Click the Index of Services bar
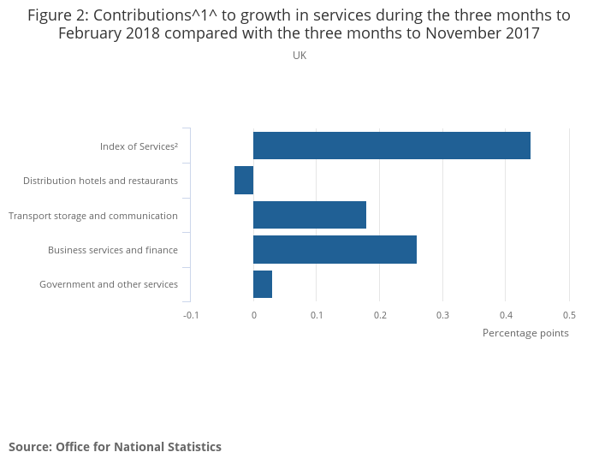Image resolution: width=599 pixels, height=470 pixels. pyautogui.click(x=392, y=146)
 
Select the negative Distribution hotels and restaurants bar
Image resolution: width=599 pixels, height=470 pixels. pyautogui.click(x=244, y=181)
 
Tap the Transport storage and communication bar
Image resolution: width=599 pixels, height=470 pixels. pyautogui.click(x=310, y=215)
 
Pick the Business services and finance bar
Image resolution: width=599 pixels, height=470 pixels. pyautogui.click(x=335, y=249)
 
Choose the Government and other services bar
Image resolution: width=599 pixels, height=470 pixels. pyautogui.click(x=263, y=284)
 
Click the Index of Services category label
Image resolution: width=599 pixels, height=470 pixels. pyautogui.click(x=139, y=146)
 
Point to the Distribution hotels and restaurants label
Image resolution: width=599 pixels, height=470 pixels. pyautogui.click(x=100, y=181)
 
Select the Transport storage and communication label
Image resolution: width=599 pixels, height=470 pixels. pyautogui.click(x=93, y=216)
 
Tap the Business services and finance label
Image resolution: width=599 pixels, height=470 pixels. pyautogui.click(x=113, y=250)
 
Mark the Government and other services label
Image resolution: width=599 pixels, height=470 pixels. pyautogui.click(x=109, y=284)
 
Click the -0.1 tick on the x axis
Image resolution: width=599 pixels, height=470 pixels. pyautogui.click(x=191, y=315)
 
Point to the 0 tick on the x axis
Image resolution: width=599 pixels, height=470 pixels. pyautogui.click(x=254, y=315)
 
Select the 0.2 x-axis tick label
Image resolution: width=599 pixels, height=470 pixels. pyautogui.click(x=380, y=315)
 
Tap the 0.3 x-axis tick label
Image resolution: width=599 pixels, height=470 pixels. pyautogui.click(x=442, y=315)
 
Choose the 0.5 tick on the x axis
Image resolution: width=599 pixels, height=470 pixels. pyautogui.click(x=569, y=315)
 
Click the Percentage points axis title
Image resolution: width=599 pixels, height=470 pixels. pyautogui.click(x=525, y=333)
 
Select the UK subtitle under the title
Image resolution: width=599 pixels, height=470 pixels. pyautogui.click(x=299, y=56)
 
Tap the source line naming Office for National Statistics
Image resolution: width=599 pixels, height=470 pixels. pyautogui.click(x=115, y=447)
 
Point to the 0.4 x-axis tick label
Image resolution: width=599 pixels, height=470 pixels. pyautogui.click(x=506, y=315)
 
